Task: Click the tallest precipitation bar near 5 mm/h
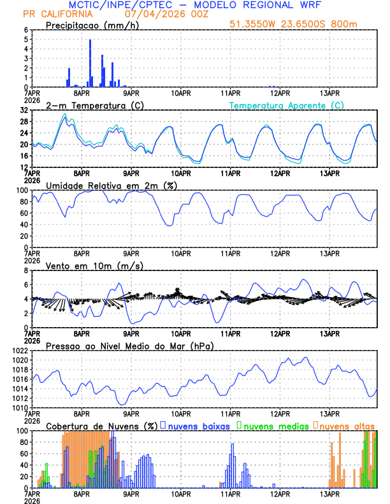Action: (x=90, y=63)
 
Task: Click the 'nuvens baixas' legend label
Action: (x=199, y=426)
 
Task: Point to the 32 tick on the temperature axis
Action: (x=24, y=110)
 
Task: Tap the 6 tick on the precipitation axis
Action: (x=25, y=30)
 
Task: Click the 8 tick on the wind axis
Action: (x=25, y=270)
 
